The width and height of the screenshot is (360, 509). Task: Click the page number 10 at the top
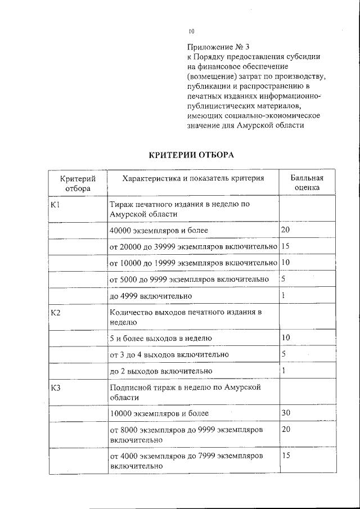click(x=191, y=31)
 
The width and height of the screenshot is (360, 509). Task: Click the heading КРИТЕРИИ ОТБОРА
click(x=191, y=155)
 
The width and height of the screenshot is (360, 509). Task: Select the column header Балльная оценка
click(x=307, y=183)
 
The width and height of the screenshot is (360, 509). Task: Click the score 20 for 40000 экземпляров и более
click(x=285, y=230)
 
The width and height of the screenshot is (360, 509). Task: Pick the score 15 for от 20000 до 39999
click(x=285, y=246)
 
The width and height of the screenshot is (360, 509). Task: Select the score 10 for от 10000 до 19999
click(x=285, y=263)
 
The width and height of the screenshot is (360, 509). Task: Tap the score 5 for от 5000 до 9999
click(x=283, y=279)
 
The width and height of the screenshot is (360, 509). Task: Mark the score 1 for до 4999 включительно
click(x=283, y=295)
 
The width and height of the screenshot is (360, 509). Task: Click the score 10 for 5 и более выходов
click(x=285, y=337)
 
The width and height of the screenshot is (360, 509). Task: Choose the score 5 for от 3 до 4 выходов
click(x=283, y=354)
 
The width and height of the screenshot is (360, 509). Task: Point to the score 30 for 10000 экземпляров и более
click(x=286, y=413)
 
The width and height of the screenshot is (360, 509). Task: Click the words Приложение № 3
click(x=213, y=47)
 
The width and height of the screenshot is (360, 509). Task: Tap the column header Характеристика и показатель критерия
click(x=193, y=178)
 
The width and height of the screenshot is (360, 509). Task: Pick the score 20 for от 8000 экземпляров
click(x=286, y=429)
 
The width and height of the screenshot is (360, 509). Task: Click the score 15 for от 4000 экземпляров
click(x=285, y=456)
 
